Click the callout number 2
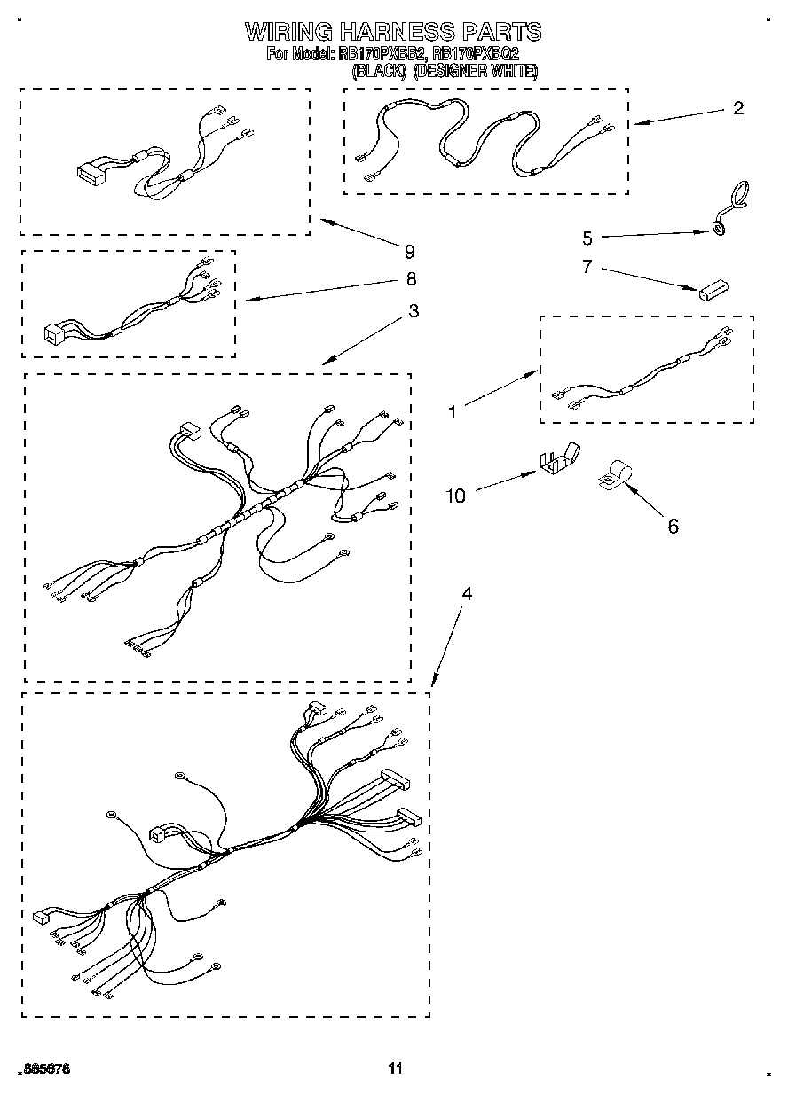click(738, 108)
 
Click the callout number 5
click(587, 238)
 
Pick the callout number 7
click(587, 267)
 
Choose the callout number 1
click(453, 411)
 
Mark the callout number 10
click(455, 496)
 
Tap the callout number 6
click(673, 527)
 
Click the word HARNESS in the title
click(394, 32)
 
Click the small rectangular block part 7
click(712, 290)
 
